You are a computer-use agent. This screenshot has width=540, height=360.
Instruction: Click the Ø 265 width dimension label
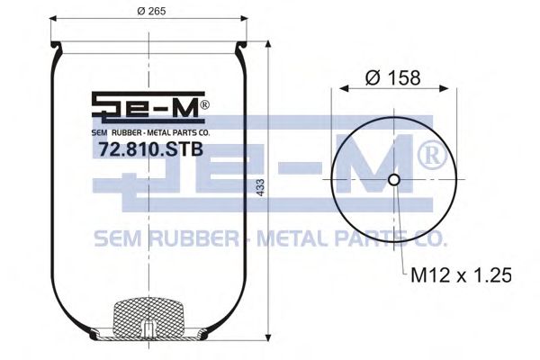148,12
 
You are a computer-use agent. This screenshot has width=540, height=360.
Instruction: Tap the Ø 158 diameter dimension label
393,78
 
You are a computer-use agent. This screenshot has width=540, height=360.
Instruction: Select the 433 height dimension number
260,192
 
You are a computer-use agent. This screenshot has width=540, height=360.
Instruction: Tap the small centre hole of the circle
393,180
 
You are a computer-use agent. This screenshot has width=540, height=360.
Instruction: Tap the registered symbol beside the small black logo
205,105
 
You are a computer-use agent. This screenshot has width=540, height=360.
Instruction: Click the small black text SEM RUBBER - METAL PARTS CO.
149,131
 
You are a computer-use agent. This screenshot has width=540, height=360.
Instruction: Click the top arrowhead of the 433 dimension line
268,44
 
